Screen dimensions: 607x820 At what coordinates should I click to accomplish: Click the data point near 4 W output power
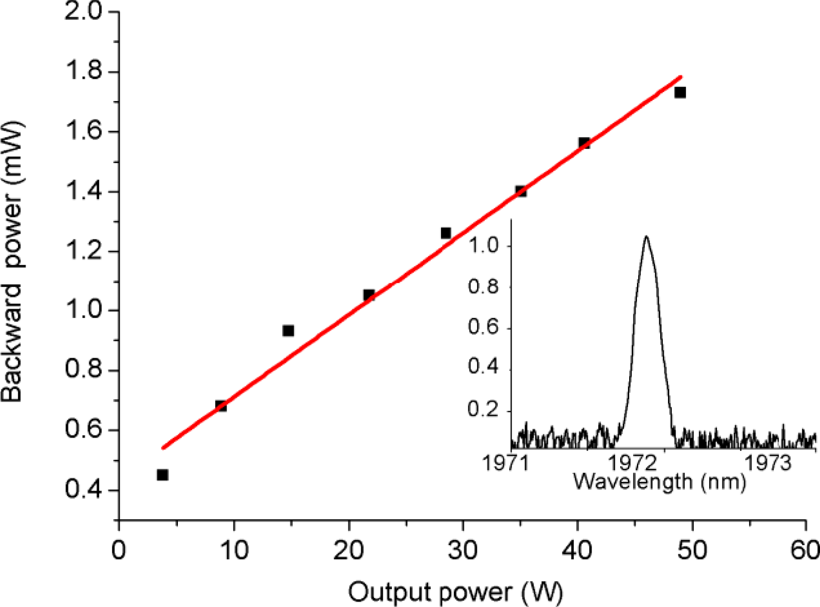click(162, 475)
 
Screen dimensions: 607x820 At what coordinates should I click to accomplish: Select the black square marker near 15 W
click(288, 331)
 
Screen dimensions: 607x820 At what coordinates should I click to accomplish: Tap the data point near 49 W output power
click(680, 92)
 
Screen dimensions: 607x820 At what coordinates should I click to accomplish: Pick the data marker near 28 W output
click(446, 233)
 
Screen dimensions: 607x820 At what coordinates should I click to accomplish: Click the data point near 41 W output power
click(584, 143)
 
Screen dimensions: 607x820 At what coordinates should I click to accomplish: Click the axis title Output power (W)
click(455, 592)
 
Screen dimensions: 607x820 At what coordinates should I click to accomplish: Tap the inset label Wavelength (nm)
click(659, 481)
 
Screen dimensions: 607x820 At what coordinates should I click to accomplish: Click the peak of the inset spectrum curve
click(646, 236)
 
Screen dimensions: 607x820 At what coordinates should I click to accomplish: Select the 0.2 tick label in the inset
click(483, 409)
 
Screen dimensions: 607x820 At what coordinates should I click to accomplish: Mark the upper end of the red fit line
click(681, 77)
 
